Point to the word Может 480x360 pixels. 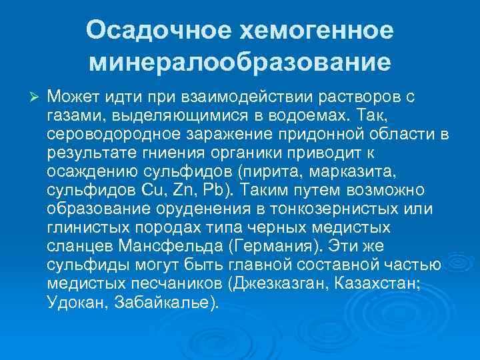(x=74, y=97)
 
